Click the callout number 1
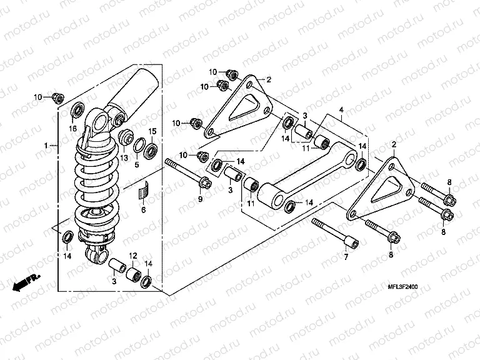[x=47, y=145]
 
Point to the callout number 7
[x=344, y=257]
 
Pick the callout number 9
[x=201, y=199]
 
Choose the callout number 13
[x=124, y=157]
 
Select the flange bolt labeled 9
[x=187, y=173]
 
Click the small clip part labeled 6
[x=144, y=190]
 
